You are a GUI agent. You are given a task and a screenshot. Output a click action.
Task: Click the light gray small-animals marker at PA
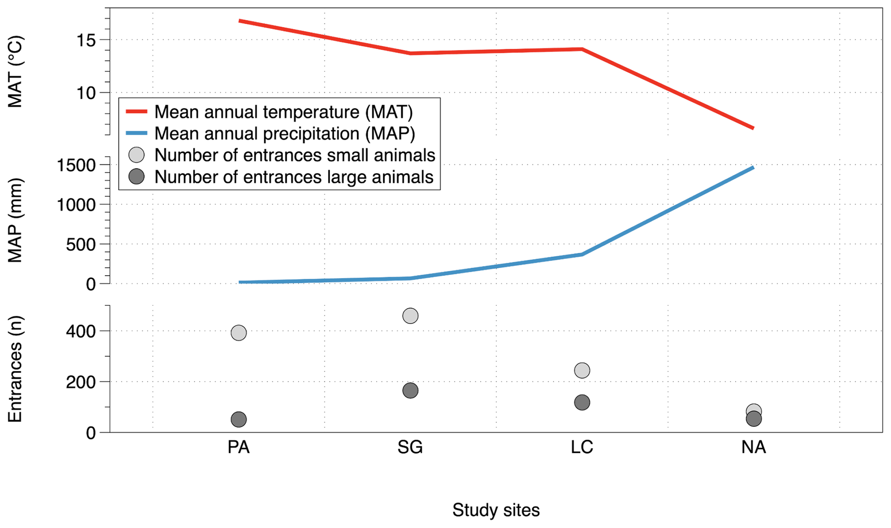pos(239,333)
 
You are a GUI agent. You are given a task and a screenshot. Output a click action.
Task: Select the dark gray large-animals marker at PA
pos(239,419)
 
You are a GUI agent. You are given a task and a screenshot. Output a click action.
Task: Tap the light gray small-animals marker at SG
pos(410,316)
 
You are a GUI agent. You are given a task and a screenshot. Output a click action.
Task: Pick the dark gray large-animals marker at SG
pos(410,390)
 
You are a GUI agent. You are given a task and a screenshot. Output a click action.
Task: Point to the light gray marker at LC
pos(582,370)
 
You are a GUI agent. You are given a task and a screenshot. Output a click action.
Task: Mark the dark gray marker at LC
pos(582,402)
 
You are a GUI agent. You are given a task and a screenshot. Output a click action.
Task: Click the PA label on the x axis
pos(238,447)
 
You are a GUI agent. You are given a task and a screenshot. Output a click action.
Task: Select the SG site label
pos(410,447)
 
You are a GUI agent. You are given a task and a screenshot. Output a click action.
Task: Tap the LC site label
pos(582,447)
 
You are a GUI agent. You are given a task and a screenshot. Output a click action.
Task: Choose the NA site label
pos(753,447)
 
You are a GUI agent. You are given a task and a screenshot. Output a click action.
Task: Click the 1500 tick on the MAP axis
pos(76,165)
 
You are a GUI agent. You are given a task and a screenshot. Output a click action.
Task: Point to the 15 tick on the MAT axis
pos(86,41)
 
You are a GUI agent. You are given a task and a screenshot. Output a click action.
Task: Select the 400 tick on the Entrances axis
pos(81,331)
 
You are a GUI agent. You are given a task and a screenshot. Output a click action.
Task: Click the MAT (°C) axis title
pos(16,72)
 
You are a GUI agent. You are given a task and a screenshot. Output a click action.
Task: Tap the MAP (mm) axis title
pos(16,220)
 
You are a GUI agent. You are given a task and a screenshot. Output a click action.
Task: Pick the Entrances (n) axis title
pos(16,369)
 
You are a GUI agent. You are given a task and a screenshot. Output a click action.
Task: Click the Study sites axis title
pos(496,510)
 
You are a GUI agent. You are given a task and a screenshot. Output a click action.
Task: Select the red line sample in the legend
pos(137,112)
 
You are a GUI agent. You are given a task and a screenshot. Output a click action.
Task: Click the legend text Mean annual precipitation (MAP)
pos(284,134)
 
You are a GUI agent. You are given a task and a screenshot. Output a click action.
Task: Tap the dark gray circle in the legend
pos(137,176)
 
